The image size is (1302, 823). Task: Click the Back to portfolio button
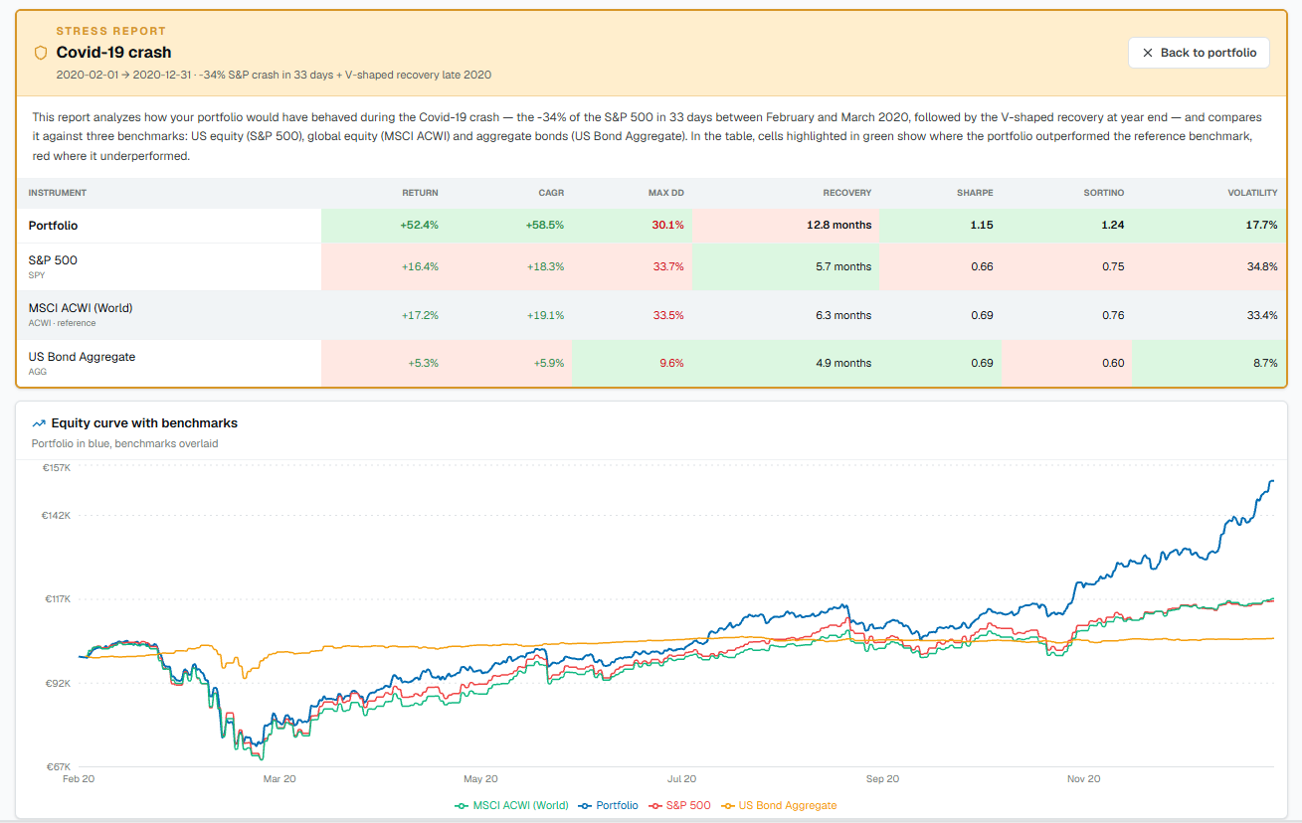click(x=1199, y=53)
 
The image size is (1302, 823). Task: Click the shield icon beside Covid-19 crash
click(x=41, y=53)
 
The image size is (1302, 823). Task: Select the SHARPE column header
click(x=975, y=193)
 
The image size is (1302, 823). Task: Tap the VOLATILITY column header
click(x=1252, y=193)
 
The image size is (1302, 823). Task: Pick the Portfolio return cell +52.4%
click(x=419, y=225)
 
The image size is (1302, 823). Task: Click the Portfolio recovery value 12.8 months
click(x=838, y=225)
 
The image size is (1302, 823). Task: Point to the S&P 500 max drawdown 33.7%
click(x=667, y=266)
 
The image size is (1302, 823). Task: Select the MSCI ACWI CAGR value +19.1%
click(x=545, y=315)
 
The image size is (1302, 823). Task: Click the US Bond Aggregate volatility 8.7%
click(x=1265, y=363)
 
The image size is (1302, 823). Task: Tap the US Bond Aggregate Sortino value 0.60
click(x=1112, y=363)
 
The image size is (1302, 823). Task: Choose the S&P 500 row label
click(x=53, y=260)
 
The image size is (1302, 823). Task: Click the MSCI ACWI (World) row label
click(x=81, y=308)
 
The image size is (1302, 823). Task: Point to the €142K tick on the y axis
click(x=56, y=515)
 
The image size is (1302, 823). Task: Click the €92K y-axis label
click(x=58, y=683)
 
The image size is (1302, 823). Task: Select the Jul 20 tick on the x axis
click(x=681, y=779)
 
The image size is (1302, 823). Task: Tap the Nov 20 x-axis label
click(x=1083, y=779)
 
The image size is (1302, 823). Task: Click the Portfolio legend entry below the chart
click(x=609, y=805)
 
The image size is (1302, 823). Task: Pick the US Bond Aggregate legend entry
click(x=779, y=805)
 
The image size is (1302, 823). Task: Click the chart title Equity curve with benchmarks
click(x=144, y=423)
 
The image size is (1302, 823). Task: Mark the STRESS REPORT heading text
click(x=111, y=31)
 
